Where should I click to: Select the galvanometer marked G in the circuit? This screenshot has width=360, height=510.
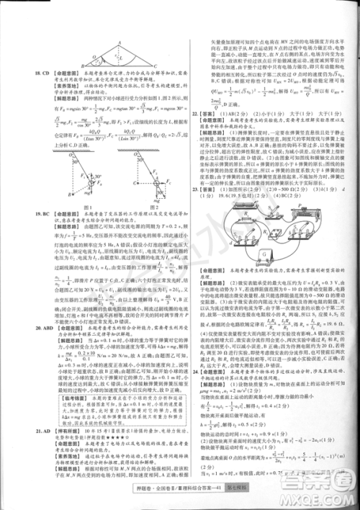[264, 254]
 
